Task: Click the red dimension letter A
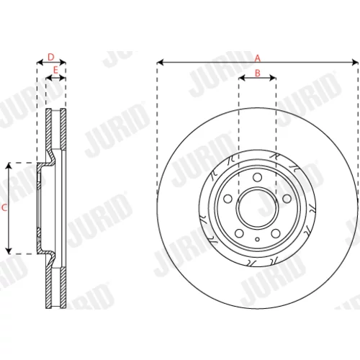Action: pyautogui.click(x=258, y=58)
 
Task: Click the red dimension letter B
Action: pyautogui.click(x=258, y=73)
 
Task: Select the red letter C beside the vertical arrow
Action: pyautogui.click(x=4, y=208)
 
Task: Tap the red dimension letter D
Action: pyautogui.click(x=51, y=57)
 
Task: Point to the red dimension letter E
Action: pyautogui.click(x=55, y=71)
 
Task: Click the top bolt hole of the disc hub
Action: pyautogui.click(x=257, y=177)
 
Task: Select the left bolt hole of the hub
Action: pyautogui.click(x=228, y=199)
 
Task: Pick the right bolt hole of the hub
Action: pyautogui.click(x=287, y=199)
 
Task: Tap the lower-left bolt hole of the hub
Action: pyautogui.click(x=239, y=233)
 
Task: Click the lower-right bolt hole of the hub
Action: pyautogui.click(x=276, y=233)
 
